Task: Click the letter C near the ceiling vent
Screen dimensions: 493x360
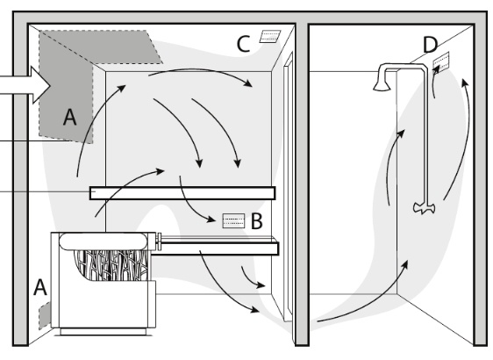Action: pos(243,44)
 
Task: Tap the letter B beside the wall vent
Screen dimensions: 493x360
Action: pos(256,221)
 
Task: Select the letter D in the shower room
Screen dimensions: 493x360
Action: pos(430,45)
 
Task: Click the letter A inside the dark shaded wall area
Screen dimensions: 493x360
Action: pos(70,117)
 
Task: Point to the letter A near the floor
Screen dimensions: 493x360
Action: pos(40,287)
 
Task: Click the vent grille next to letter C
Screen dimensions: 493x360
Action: pos(270,36)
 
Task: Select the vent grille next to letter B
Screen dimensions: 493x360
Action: pos(233,220)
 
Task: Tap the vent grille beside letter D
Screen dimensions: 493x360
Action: pos(441,62)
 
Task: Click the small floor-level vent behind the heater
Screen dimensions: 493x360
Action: pos(45,315)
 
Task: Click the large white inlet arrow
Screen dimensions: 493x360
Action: pos(25,85)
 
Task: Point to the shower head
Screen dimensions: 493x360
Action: pos(382,85)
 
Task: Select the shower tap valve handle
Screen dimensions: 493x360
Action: pos(424,208)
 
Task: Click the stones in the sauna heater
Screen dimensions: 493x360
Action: pos(111,264)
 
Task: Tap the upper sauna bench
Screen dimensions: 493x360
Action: pos(182,193)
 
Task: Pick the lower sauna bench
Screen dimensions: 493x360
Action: pos(217,246)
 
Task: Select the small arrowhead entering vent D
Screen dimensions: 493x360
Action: pos(436,70)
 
